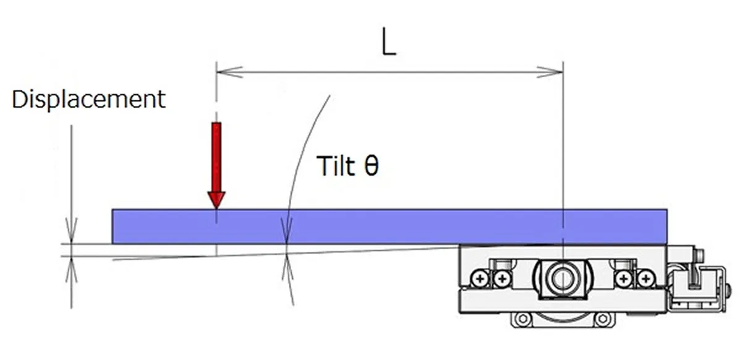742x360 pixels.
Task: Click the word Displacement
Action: point(89,99)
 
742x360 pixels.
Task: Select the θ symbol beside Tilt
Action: point(370,166)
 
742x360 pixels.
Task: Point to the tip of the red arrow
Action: point(216,207)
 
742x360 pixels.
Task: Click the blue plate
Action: point(390,226)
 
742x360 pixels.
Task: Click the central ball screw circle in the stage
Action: point(561,278)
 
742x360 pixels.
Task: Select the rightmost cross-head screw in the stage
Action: point(645,279)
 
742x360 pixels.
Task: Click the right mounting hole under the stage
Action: point(600,320)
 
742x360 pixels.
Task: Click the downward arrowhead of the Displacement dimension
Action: point(72,234)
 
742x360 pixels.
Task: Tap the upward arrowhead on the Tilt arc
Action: point(288,267)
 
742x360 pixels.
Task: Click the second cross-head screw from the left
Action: point(501,279)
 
